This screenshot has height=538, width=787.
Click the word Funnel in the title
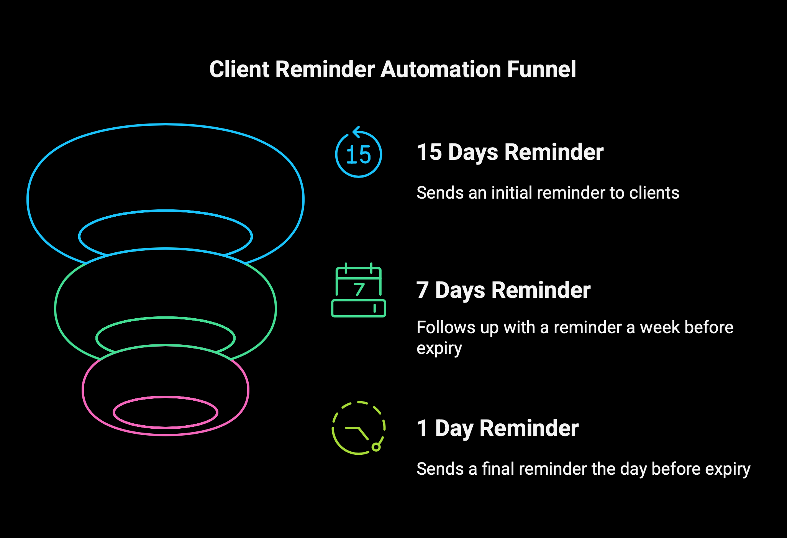coord(541,69)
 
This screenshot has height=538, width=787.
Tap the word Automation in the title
coord(441,69)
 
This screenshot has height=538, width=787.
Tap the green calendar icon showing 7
coord(359,290)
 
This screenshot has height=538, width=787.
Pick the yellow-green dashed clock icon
coord(359,428)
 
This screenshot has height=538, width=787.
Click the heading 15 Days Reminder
coord(510,152)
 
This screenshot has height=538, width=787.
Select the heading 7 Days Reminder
coord(503,290)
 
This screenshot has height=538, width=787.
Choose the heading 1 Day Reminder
coord(498,428)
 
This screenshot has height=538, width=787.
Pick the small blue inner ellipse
coord(166,211)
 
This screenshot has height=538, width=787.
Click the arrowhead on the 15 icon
coord(356,132)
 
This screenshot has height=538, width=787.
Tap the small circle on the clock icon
coord(376,447)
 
